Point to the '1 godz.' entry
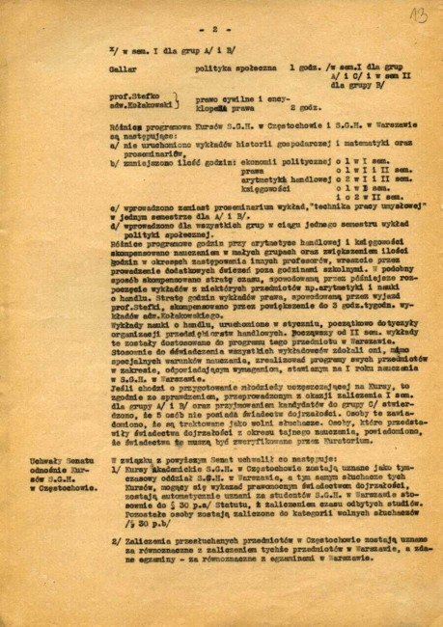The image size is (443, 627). [307, 70]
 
